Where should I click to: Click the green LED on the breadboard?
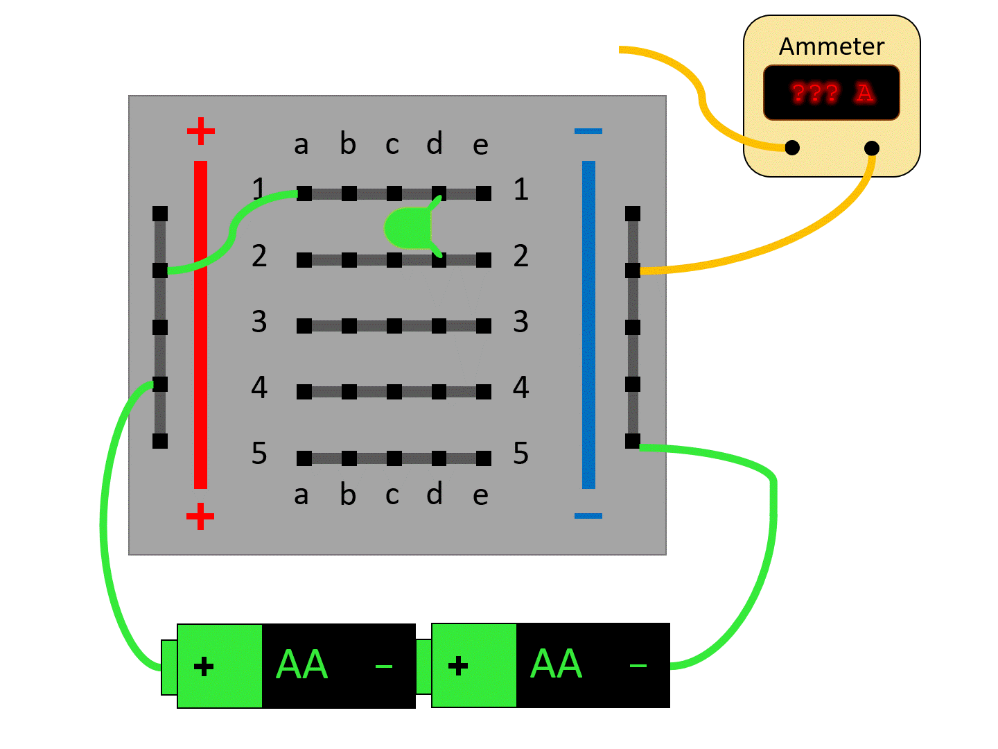click(408, 227)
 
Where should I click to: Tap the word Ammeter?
click(832, 46)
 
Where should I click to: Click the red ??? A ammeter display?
click(832, 92)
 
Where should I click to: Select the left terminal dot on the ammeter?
click(792, 148)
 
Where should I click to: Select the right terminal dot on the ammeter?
click(872, 148)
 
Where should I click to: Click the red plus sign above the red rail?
click(201, 131)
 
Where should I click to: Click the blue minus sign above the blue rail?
click(588, 131)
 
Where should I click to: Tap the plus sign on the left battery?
click(204, 667)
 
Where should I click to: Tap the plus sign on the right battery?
click(458, 666)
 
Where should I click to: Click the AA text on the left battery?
click(301, 665)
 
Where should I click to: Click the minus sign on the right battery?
click(638, 666)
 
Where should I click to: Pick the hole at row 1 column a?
click(304, 193)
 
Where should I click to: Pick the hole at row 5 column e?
click(484, 458)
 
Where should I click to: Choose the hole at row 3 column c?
click(394, 326)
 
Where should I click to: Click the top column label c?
click(392, 144)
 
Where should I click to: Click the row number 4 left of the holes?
click(259, 387)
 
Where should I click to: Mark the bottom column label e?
click(480, 495)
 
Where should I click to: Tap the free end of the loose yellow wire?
click(621, 49)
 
